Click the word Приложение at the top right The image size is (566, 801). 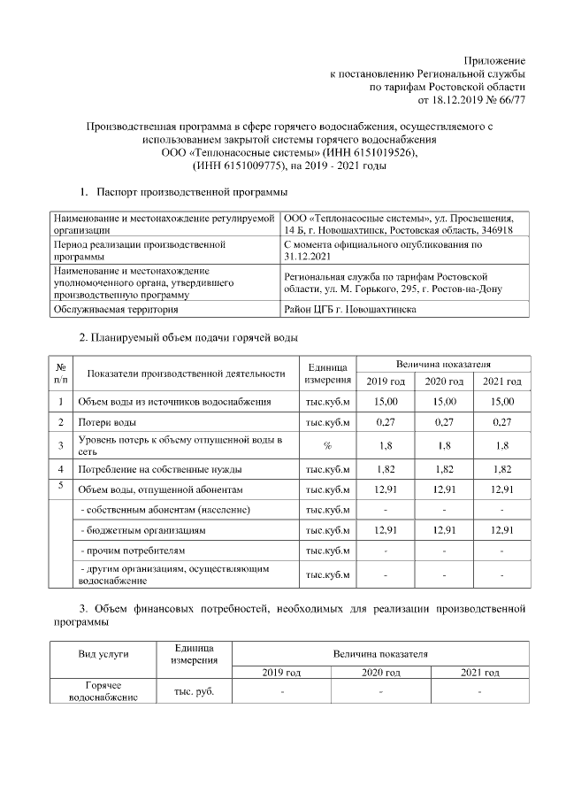tap(496, 58)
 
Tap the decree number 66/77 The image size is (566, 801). tap(509, 101)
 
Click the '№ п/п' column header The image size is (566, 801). tap(60, 373)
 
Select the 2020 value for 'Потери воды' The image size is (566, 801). tap(443, 423)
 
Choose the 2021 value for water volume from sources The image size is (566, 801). tap(501, 403)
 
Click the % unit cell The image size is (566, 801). tap(327, 446)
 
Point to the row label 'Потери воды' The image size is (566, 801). tap(107, 423)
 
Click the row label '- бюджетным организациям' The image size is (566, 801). tap(142, 531)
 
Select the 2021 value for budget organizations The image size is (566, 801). tap(501, 531)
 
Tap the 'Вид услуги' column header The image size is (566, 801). tap(104, 653)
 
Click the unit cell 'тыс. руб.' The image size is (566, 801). tap(190, 691)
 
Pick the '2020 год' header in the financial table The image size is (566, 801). tap(380, 673)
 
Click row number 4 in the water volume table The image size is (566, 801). tap(60, 468)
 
